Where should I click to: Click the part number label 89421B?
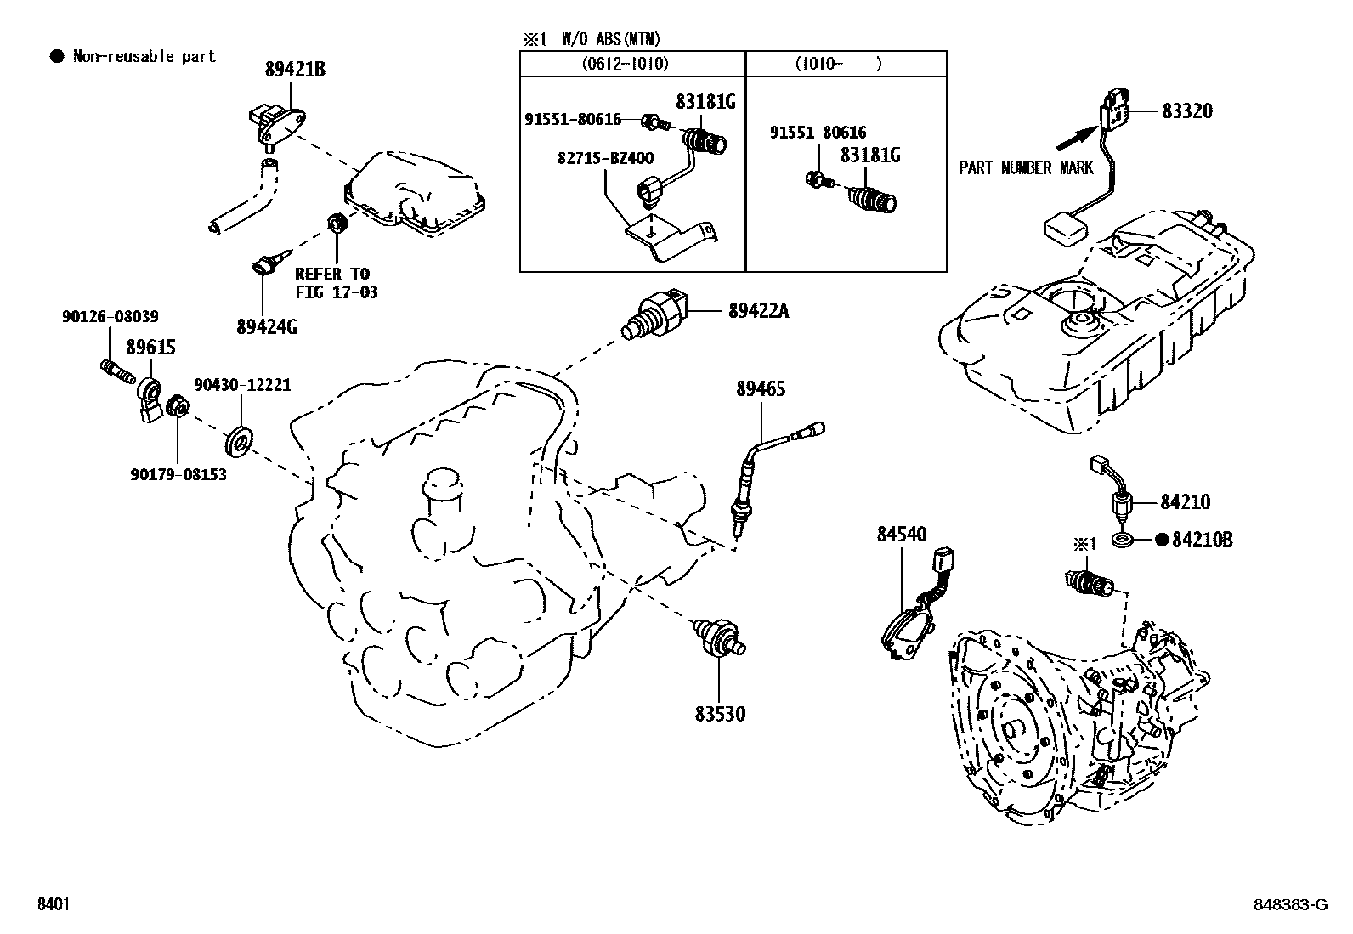coord(295,70)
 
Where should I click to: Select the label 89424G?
coord(266,325)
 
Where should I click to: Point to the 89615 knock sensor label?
coord(150,348)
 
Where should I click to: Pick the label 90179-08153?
coord(178,474)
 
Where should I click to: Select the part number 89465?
coord(761,389)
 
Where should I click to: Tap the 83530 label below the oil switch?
coord(720,714)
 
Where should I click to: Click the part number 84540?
coord(902,535)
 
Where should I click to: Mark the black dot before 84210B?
coord(1162,540)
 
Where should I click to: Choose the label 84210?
coord(1185,502)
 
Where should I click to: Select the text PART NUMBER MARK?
coord(1026,168)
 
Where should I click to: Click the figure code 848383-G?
coord(1288,905)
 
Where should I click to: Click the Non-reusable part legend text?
coord(144,57)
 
